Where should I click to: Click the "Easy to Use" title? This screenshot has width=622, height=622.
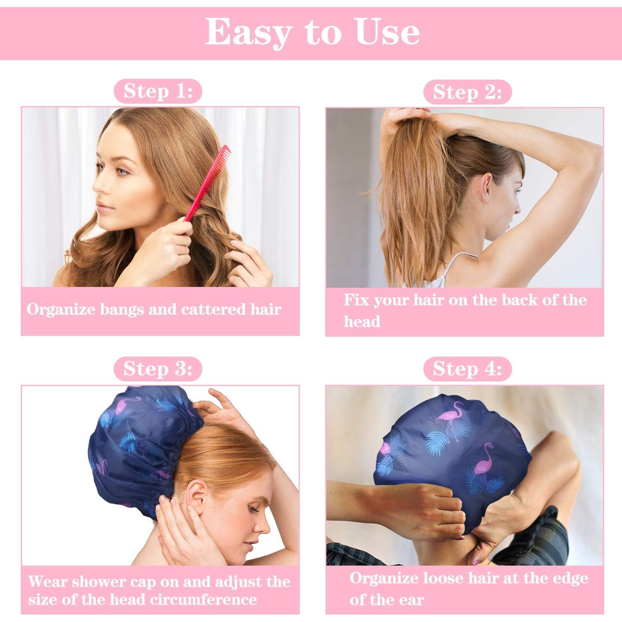tap(312, 32)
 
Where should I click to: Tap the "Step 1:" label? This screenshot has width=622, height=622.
tap(158, 91)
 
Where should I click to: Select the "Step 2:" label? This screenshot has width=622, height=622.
tap(467, 92)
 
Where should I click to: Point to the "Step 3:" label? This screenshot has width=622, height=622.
tap(158, 369)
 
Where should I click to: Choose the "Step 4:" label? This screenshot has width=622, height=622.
tap(467, 369)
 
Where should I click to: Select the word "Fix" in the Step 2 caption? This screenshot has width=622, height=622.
tap(356, 300)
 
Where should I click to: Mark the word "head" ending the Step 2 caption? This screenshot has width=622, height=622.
tap(362, 321)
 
